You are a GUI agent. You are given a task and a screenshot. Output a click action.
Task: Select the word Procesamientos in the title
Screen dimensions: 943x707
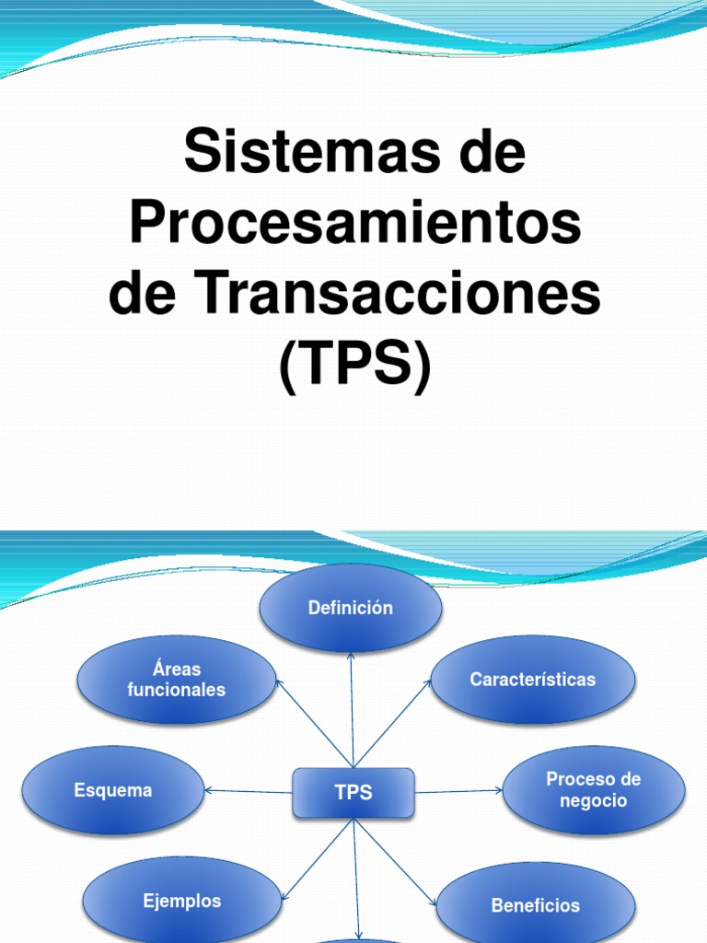coord(354,224)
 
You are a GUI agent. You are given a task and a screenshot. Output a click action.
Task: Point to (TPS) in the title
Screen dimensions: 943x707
coord(354,366)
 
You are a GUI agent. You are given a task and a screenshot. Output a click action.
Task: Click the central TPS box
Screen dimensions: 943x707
coord(353,793)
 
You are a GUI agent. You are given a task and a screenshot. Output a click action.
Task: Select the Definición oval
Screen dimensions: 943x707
coord(351,608)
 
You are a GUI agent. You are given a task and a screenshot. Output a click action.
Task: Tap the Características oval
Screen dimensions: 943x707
coord(532,680)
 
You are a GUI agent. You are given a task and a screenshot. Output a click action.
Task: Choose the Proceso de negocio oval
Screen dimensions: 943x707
coord(593,790)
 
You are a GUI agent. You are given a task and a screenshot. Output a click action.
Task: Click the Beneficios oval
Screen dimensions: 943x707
coord(535,905)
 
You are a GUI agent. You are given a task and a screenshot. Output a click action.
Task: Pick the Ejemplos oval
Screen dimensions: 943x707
coord(181,901)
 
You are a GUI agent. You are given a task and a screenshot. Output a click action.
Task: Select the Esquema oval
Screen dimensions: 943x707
coord(112,790)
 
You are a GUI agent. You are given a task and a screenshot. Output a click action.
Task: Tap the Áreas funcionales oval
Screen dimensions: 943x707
coord(176,680)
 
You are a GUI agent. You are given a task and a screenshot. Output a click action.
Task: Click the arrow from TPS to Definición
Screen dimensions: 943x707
coord(351,709)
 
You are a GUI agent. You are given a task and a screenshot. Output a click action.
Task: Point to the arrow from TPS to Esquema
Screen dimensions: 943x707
coord(249,790)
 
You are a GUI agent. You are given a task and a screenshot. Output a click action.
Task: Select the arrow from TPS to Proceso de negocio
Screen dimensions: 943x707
coord(458,790)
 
